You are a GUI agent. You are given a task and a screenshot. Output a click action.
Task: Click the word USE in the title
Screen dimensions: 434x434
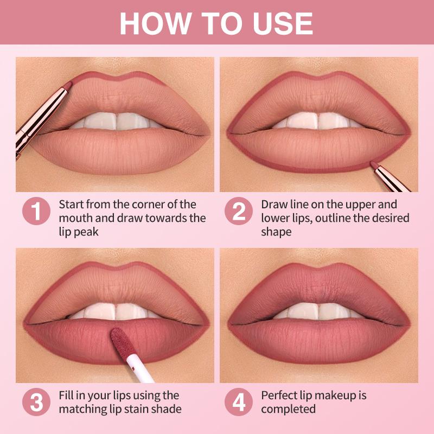point(283,23)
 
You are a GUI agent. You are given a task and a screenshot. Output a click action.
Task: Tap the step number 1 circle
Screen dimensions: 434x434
point(36,211)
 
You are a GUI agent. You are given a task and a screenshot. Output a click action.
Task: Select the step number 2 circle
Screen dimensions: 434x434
point(239,211)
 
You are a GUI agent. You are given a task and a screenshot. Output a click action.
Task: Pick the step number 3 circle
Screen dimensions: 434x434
point(36,402)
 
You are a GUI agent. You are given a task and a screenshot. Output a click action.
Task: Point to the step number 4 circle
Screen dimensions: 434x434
point(239,402)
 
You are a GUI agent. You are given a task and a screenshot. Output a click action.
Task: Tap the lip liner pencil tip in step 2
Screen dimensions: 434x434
point(374,164)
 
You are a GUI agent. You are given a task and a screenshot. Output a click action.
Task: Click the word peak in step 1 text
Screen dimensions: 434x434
point(85,232)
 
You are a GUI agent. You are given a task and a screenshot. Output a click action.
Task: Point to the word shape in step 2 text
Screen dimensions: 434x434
point(276,232)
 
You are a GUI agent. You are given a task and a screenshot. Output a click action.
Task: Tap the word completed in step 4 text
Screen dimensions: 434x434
point(288,409)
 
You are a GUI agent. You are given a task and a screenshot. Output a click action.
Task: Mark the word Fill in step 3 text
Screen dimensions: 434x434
point(66,395)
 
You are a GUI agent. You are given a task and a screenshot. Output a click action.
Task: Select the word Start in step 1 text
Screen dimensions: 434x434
point(71,205)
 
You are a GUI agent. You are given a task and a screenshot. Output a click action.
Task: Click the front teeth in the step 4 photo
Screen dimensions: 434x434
point(318,311)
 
